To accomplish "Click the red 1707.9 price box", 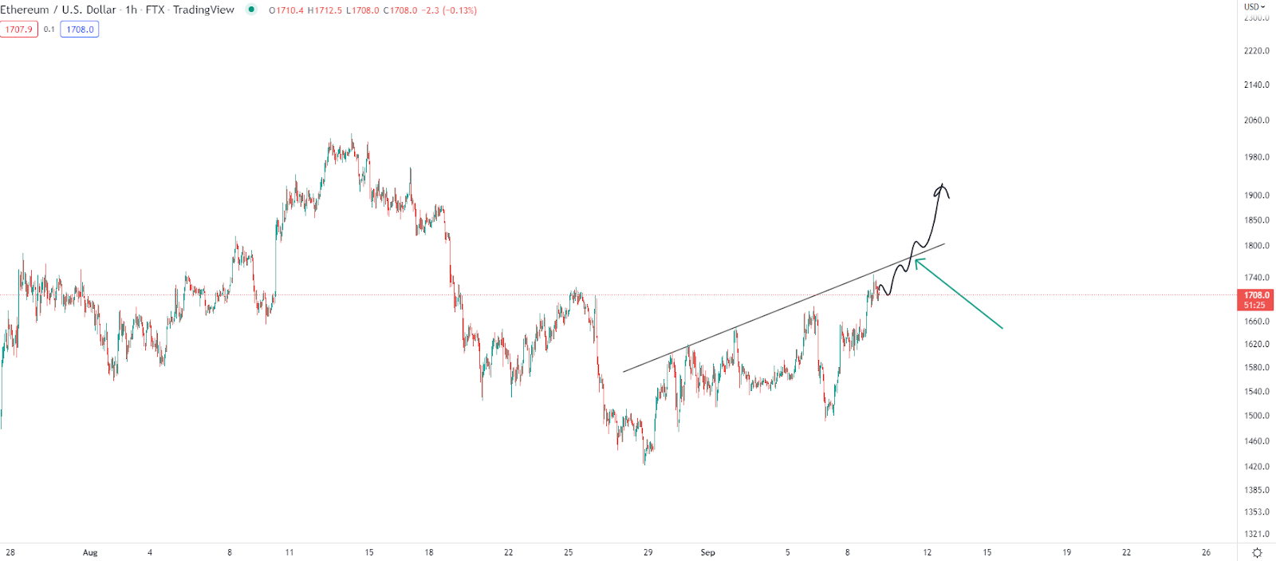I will click(19, 30).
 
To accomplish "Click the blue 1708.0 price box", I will click(80, 30).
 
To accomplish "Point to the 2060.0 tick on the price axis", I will click(1256, 120).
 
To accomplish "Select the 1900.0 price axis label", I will click(1256, 196).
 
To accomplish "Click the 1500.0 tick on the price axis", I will click(1256, 416).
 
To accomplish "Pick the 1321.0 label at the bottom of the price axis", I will click(1256, 534).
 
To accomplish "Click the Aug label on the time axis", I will click(90, 552).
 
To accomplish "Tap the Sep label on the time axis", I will click(707, 552).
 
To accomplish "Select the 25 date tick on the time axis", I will click(569, 552).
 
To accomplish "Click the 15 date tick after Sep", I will click(987, 552).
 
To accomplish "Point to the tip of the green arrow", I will click(916, 260).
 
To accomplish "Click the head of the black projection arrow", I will click(943, 187).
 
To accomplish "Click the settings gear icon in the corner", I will click(1257, 553).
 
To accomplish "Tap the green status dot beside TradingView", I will click(252, 10).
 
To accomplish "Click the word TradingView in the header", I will click(203, 10).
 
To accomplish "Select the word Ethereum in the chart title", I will click(25, 10).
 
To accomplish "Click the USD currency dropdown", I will click(1254, 6).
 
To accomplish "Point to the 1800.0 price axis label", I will click(1256, 246).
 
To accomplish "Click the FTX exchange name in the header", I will click(155, 10).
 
